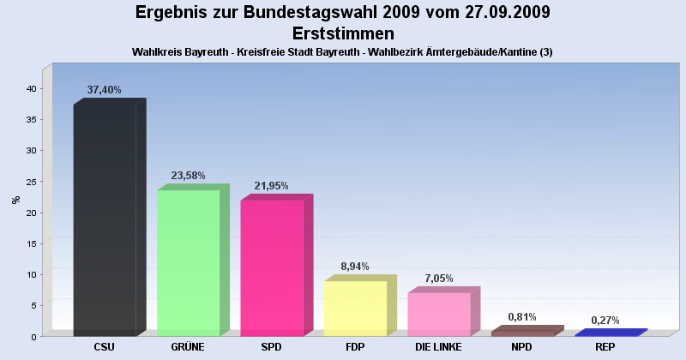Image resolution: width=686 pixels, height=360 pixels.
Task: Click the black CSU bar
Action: point(110,218)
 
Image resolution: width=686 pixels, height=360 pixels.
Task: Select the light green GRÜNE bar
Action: point(193,261)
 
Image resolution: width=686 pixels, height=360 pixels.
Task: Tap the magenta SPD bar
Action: point(276,265)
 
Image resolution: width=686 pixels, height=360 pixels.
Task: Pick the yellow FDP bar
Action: point(360,306)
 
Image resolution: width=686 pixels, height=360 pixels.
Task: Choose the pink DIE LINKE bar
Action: point(443,311)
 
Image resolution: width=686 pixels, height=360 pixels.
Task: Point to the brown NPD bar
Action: point(527,331)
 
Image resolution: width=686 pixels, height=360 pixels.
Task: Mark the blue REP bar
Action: point(611,333)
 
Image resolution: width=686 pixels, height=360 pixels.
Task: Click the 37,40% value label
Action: point(104,90)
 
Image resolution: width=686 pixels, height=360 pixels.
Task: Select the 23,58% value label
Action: point(188,176)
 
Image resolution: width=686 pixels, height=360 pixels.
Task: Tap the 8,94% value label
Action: point(355,267)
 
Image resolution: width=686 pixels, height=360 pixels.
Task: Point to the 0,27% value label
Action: point(605,321)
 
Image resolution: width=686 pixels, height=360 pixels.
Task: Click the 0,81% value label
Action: point(522,317)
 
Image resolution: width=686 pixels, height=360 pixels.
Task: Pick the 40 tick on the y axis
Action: point(31,89)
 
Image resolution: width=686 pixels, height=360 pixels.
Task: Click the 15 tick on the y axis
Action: point(32,243)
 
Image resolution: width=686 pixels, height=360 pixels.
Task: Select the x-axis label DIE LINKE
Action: point(438,347)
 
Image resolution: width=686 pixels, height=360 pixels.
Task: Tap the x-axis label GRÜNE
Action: point(188,347)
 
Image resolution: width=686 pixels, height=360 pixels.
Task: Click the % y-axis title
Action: point(16,200)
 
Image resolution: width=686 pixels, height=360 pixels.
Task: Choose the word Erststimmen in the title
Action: point(343,33)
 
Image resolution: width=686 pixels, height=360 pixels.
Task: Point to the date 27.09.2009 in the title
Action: point(508,12)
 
